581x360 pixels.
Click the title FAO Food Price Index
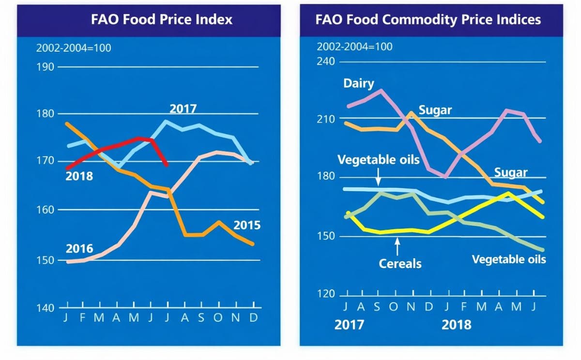162,19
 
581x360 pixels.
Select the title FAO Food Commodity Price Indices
428,19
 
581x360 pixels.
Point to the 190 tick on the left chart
46,67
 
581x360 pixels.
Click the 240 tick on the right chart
326,62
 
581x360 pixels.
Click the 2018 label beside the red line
79,176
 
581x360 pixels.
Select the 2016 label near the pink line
79,249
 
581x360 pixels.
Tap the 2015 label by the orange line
247,225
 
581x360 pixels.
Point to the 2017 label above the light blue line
183,109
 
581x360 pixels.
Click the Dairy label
359,83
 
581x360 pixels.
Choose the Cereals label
400,264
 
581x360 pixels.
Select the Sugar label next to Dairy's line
435,110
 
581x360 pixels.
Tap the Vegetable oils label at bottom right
509,259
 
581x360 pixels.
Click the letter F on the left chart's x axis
83,317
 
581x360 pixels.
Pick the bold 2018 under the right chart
456,324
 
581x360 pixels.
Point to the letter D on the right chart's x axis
429,307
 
